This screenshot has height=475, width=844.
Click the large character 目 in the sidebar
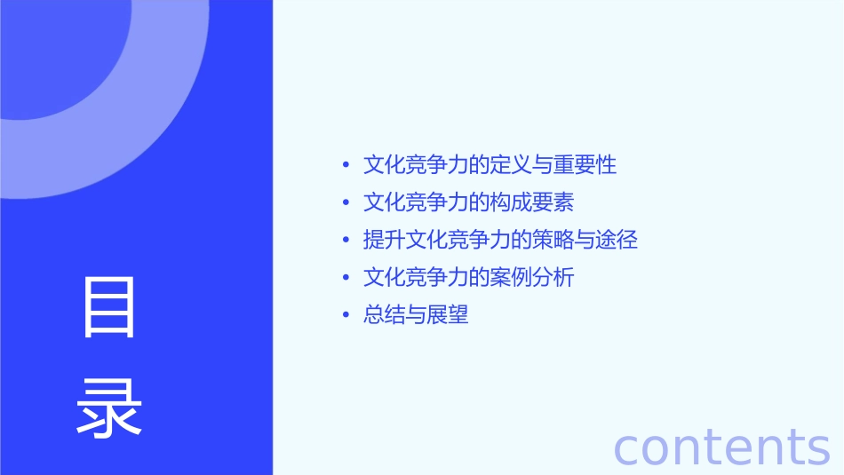click(x=109, y=307)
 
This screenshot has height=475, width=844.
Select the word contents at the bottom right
click(x=721, y=446)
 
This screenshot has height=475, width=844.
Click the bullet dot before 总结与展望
click(x=346, y=314)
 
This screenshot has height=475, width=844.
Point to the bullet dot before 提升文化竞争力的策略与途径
click(x=346, y=240)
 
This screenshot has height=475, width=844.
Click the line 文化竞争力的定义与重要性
click(x=490, y=164)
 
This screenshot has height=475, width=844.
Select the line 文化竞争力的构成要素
click(x=468, y=202)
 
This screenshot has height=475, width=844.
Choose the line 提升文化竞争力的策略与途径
click(x=500, y=240)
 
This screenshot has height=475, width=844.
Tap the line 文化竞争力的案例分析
click(x=468, y=277)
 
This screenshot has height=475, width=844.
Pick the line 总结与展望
click(x=416, y=314)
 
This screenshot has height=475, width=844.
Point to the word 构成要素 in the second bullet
click(x=532, y=202)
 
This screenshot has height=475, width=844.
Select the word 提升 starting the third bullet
click(x=385, y=240)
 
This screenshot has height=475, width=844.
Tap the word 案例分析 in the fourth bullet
click(x=532, y=277)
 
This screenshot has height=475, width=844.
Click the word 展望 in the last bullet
click(x=448, y=314)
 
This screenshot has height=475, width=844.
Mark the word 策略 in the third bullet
click(x=553, y=240)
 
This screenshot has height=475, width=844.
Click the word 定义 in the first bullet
click(x=511, y=164)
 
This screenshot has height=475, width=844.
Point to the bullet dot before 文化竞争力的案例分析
click(x=346, y=277)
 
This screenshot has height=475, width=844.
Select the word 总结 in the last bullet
click(x=385, y=314)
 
